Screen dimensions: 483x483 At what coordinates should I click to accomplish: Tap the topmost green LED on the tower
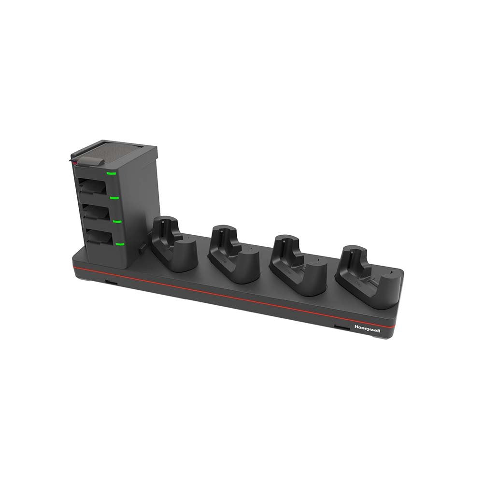111,173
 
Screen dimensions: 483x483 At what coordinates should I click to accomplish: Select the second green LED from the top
114,197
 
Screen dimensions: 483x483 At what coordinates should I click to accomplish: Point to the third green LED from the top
116,221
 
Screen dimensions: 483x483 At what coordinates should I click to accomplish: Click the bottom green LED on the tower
120,244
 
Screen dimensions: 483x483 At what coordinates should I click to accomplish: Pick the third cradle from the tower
295,263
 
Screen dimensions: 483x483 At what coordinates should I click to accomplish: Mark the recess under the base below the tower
110,281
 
